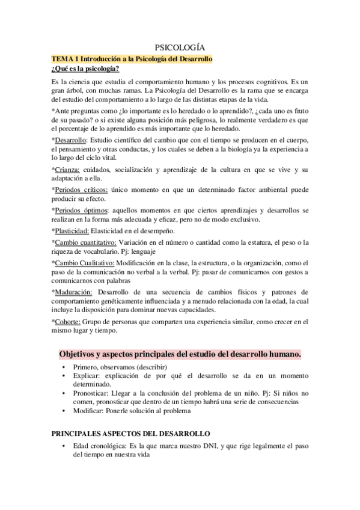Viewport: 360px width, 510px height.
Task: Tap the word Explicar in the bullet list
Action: tap(85, 375)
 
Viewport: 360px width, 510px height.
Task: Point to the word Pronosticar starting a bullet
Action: tap(91, 393)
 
